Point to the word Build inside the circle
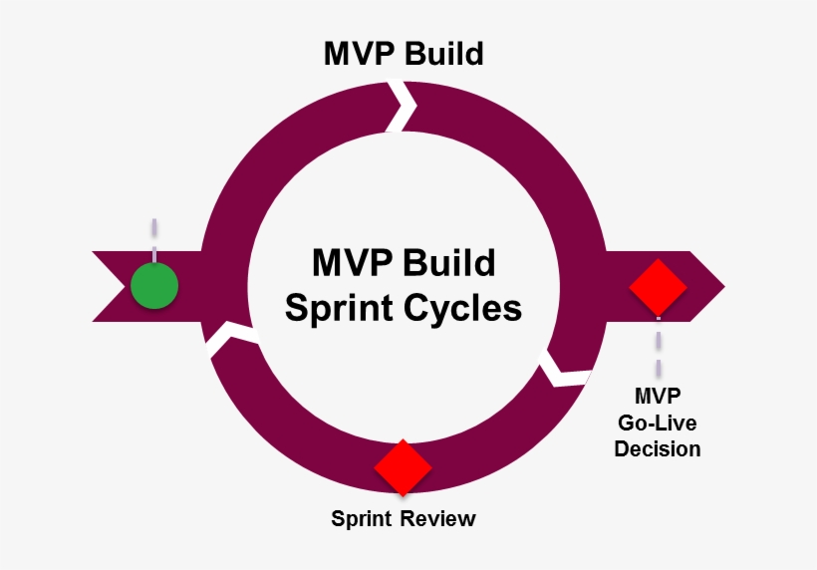tap(449, 263)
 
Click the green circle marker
tap(154, 286)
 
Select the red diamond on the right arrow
tap(658, 286)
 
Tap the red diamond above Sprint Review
tap(403, 466)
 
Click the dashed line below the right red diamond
tap(658, 344)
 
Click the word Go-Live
tap(658, 423)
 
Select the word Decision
tap(658, 448)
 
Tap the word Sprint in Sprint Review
tap(365, 519)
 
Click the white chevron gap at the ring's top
tap(403, 106)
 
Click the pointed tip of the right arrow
tap(721, 286)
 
